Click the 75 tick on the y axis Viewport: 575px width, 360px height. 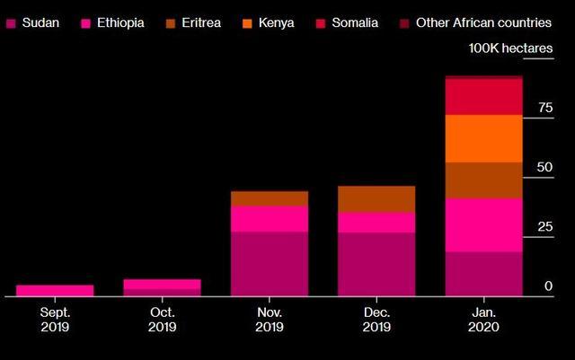(544, 108)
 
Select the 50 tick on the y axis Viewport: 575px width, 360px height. (544, 168)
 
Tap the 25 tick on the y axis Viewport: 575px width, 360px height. (544, 227)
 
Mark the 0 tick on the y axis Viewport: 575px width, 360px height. (547, 286)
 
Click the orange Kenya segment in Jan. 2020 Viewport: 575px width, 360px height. (483, 138)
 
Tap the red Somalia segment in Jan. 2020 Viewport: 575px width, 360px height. (483, 97)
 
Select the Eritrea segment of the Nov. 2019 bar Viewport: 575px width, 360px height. (269, 198)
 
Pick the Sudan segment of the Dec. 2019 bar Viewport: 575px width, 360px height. (376, 264)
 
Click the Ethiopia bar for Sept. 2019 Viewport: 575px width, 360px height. (55, 290)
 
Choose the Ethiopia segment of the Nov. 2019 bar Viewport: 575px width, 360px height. (269, 219)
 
